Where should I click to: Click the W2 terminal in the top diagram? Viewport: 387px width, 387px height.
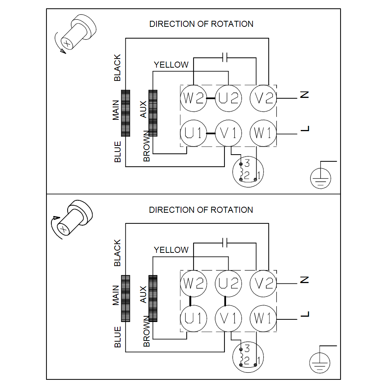[x=193, y=98]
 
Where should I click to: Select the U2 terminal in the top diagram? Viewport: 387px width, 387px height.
[x=229, y=98]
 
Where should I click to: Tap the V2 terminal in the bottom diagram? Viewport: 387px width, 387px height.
[x=263, y=283]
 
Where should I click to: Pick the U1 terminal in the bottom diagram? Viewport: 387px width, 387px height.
[x=193, y=319]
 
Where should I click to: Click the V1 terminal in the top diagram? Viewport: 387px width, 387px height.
[x=229, y=133]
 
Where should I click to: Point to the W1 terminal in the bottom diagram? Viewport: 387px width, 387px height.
[x=263, y=319]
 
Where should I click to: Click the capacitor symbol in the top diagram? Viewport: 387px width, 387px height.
[x=225, y=57]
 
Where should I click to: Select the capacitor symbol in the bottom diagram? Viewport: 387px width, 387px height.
[x=225, y=243]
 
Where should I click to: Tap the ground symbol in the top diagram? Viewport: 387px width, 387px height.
[x=320, y=178]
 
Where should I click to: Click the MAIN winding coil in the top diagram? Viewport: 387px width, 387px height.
[x=125, y=113]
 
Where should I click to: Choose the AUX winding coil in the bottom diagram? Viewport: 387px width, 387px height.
[x=153, y=298]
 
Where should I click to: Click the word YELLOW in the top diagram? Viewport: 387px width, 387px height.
[x=171, y=65]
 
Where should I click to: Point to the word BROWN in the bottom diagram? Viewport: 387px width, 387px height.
[x=147, y=331]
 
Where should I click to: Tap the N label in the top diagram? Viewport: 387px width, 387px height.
[x=305, y=95]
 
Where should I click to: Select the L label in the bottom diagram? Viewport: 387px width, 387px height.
[x=305, y=314]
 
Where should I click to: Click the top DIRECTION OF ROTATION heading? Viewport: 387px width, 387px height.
[x=201, y=24]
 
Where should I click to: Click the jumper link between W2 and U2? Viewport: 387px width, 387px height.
[x=211, y=98]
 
